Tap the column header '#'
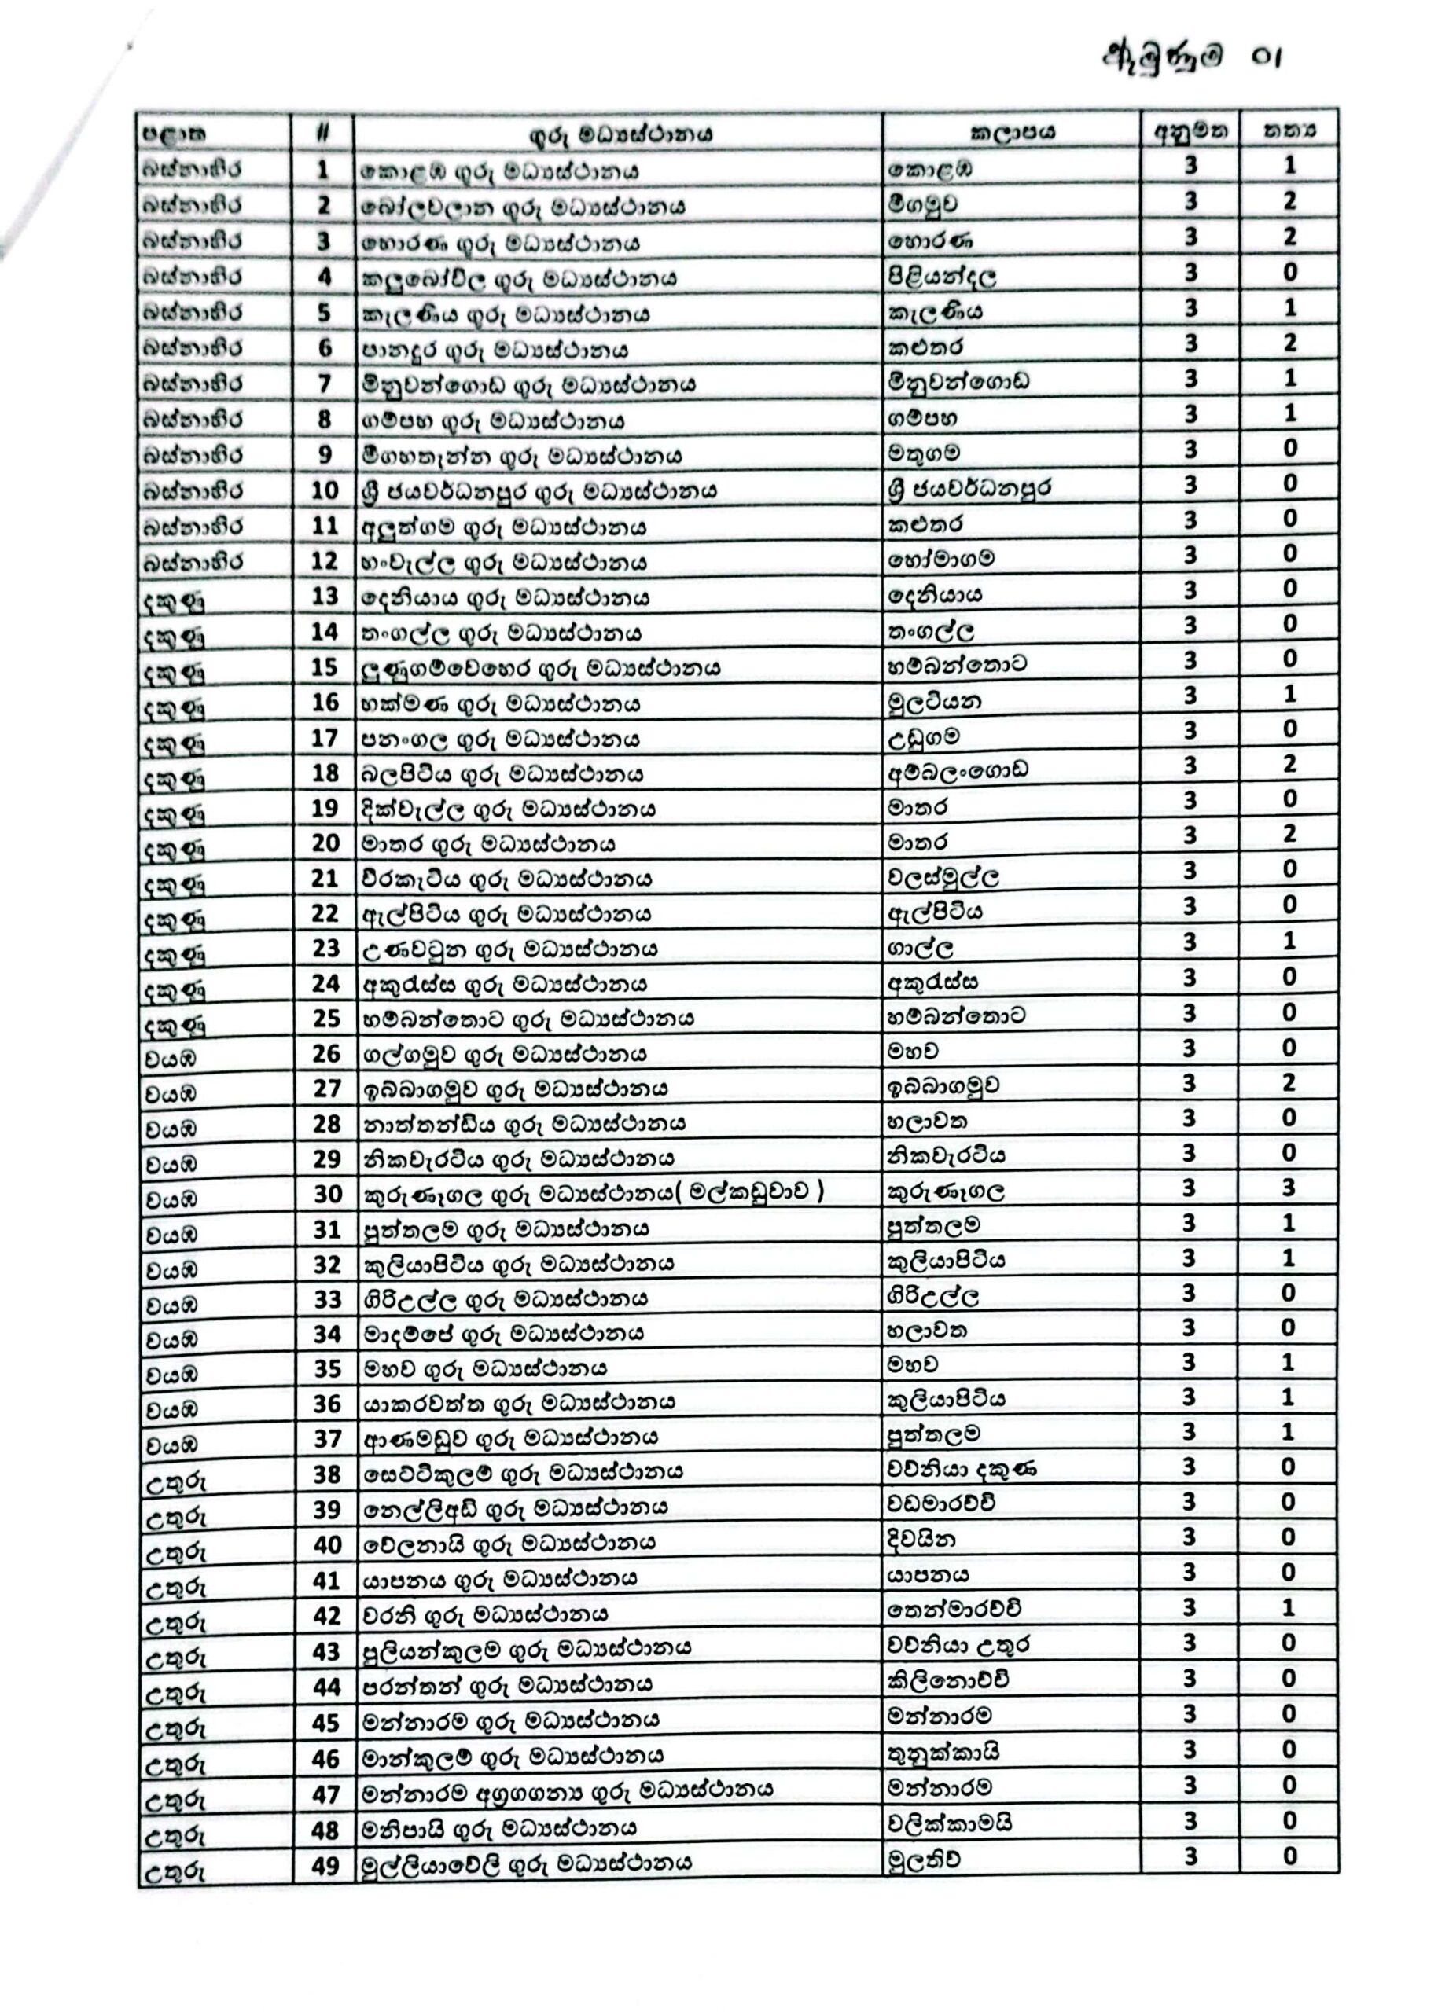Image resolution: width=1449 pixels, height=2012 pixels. [323, 133]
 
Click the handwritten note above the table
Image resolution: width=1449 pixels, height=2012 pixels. [1192, 57]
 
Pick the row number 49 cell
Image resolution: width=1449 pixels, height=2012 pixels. [325, 1867]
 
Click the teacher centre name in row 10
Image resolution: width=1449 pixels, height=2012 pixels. [539, 490]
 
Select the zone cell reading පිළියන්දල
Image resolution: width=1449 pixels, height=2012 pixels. [940, 275]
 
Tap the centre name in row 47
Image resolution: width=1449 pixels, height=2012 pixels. [567, 1794]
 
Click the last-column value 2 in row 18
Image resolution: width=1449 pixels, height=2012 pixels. [1289, 764]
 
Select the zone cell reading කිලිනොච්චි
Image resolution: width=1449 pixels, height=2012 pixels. [947, 1680]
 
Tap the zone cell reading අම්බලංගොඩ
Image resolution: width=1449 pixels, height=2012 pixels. [958, 771]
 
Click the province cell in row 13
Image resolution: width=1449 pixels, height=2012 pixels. [173, 600]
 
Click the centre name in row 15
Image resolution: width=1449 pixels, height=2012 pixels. [539, 668]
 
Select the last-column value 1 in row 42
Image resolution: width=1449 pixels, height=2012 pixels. [1289, 1607]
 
